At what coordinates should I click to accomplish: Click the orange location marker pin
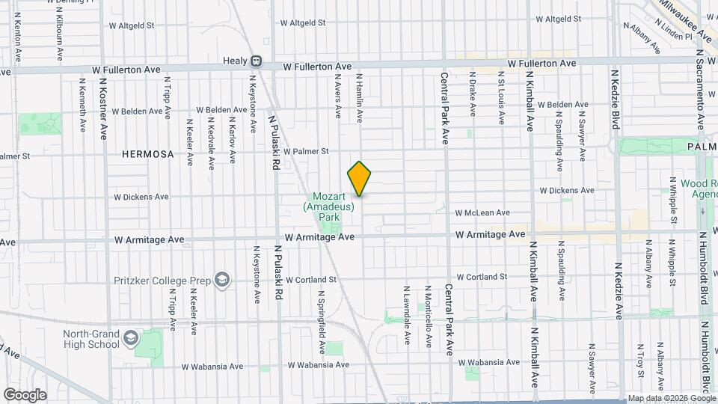[360, 179]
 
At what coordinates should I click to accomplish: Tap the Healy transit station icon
[256, 61]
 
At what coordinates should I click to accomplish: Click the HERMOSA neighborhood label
[148, 154]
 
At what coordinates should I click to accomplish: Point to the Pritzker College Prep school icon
[221, 280]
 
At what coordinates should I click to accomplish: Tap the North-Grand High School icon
[131, 339]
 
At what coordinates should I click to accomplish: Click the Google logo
[25, 395]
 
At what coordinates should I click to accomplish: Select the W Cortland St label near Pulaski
[313, 279]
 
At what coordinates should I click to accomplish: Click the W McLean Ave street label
[482, 212]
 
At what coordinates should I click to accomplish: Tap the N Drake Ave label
[473, 98]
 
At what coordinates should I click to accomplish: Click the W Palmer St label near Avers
[305, 151]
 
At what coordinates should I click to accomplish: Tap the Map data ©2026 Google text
[671, 398]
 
